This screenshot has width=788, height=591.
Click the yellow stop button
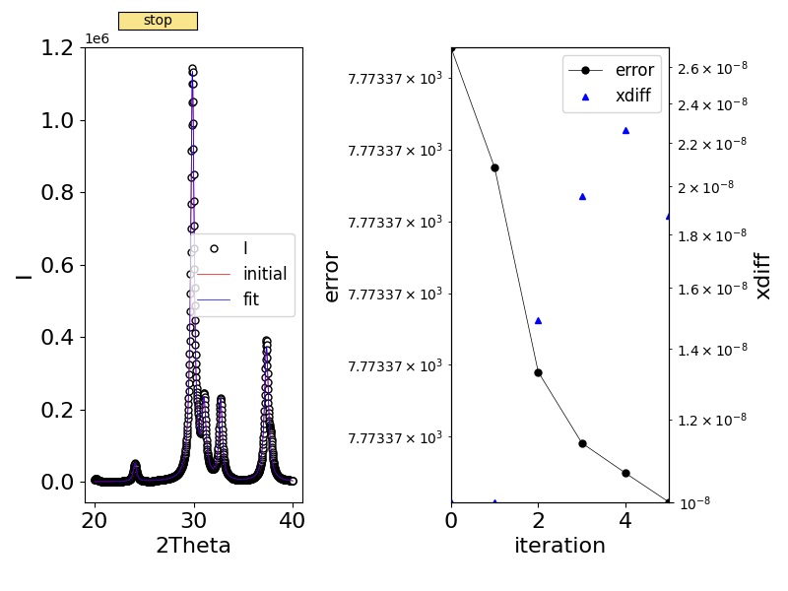coord(158,21)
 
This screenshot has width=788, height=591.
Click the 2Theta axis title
coord(193,546)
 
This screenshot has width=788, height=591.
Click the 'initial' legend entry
coord(265,274)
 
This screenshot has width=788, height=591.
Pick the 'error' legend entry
coord(634,70)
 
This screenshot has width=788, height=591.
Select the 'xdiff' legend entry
coord(637,97)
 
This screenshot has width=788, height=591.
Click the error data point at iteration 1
coord(494,167)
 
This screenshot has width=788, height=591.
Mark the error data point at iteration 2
coord(538,372)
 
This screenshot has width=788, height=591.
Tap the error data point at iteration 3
coord(582,443)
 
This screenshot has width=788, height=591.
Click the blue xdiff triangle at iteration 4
coord(625,130)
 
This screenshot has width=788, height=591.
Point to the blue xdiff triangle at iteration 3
coord(582,196)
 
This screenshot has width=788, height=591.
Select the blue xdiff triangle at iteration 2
coord(538,320)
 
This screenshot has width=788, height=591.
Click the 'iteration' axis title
coord(559,546)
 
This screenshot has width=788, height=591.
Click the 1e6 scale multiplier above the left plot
coord(98,38)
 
